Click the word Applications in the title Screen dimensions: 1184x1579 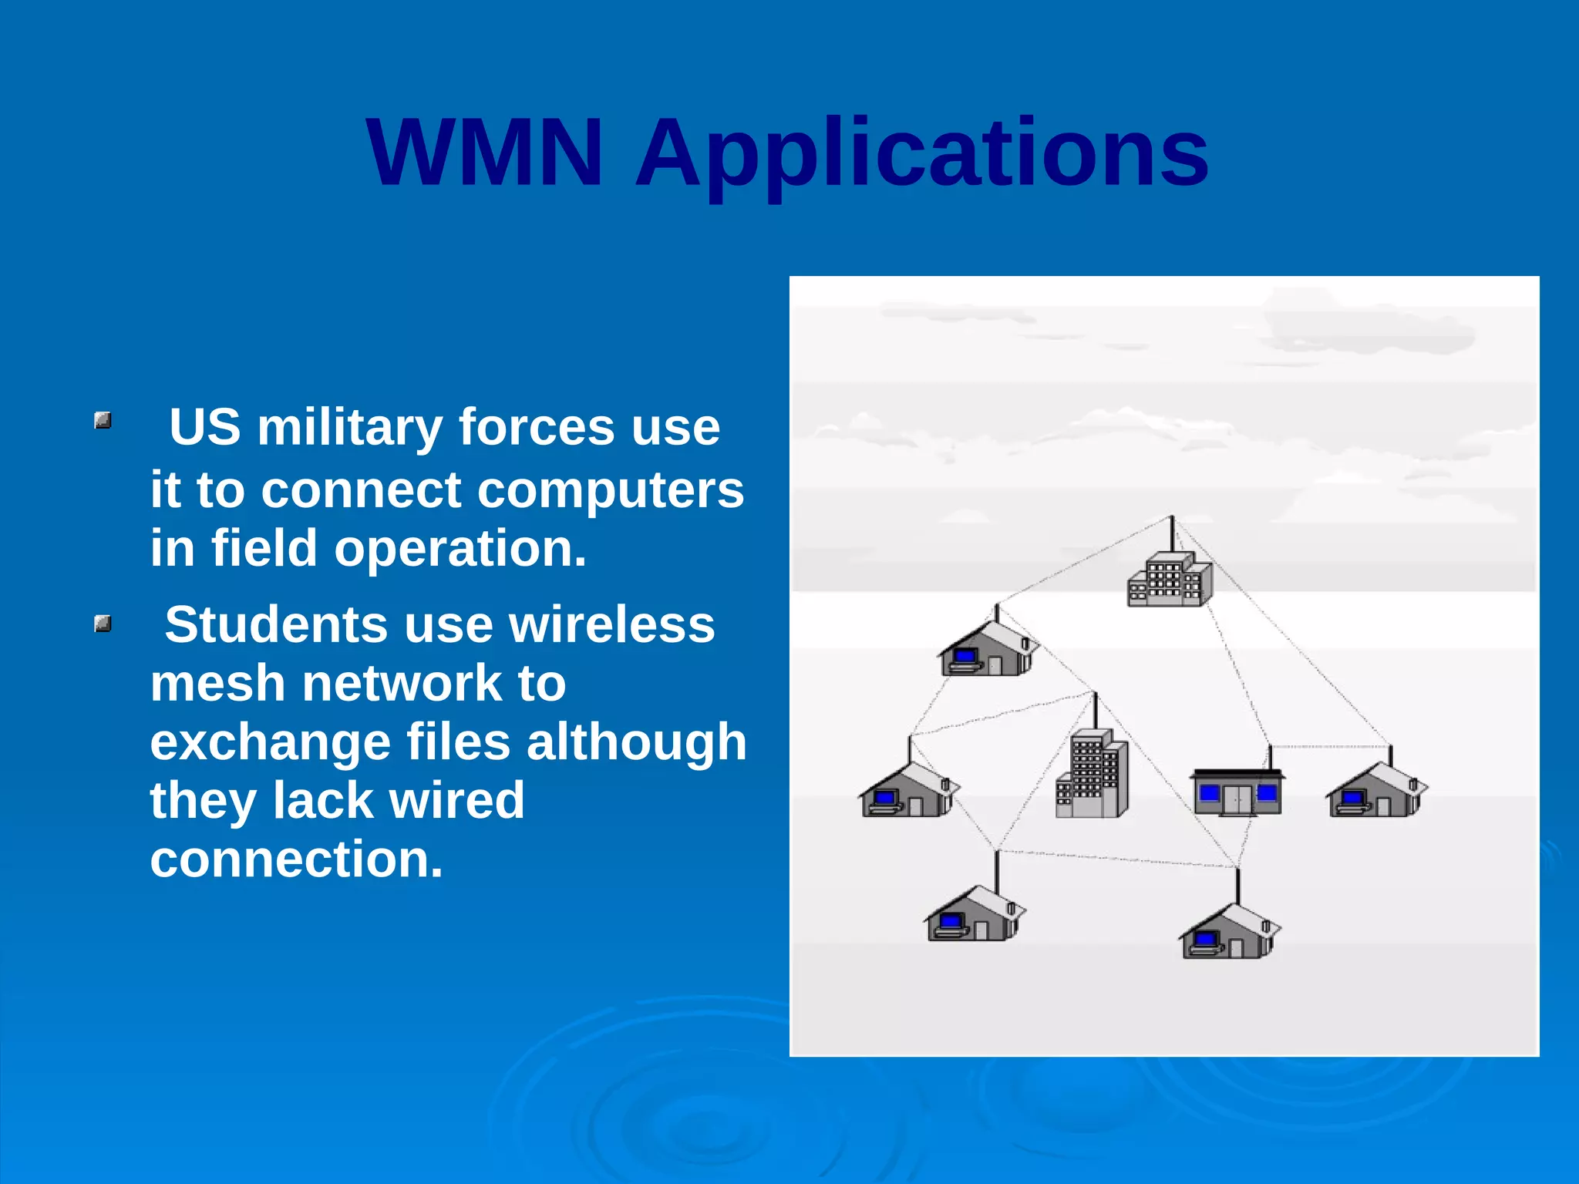pyautogui.click(x=921, y=154)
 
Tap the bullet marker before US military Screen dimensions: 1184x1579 pyautogui.click(x=103, y=421)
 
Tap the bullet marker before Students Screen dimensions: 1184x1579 pyautogui.click(x=103, y=624)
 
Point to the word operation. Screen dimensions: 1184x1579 pyautogui.click(x=460, y=549)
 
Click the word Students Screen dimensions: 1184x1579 pyautogui.click(x=276, y=624)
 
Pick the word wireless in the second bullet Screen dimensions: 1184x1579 pyautogui.click(x=612, y=624)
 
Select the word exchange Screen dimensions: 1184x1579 pyautogui.click(x=270, y=742)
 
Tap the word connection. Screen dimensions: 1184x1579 pyautogui.click(x=296, y=859)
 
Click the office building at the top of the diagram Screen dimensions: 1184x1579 pyautogui.click(x=1170, y=580)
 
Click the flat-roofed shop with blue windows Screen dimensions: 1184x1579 pyautogui.click(x=1237, y=792)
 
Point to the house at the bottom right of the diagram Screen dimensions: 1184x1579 pyautogui.click(x=1229, y=933)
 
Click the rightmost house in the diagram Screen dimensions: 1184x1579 pyautogui.click(x=1376, y=791)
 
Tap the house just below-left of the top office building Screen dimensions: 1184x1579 pyautogui.click(x=988, y=650)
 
